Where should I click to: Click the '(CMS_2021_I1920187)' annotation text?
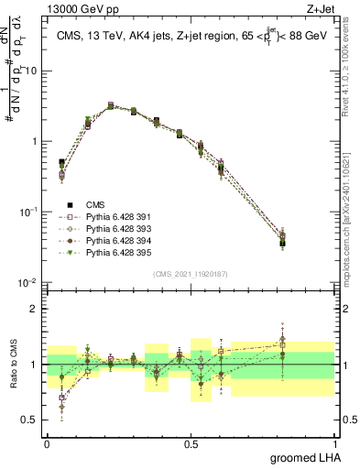click(x=191, y=274)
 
